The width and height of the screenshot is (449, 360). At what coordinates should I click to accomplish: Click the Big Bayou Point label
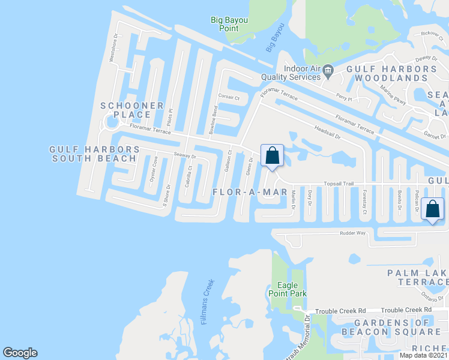[229, 25]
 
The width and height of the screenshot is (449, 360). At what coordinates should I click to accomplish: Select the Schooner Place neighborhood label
[132, 110]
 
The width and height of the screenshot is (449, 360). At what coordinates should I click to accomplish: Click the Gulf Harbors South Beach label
[94, 154]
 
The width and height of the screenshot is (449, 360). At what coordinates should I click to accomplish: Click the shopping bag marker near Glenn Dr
[272, 156]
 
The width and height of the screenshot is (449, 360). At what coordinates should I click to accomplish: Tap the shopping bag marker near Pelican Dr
[432, 209]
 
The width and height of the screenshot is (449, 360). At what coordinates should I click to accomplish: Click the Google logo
[20, 353]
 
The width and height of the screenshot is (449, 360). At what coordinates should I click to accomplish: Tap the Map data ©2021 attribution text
[423, 355]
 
